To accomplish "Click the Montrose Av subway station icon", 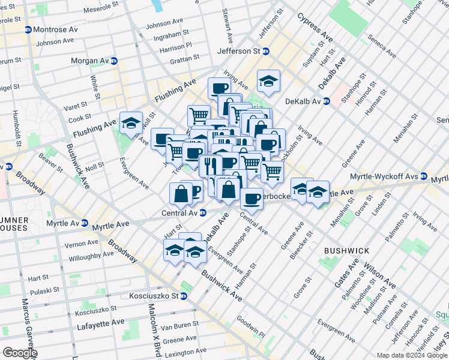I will point(28,30).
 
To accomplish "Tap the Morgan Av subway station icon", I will point(113,61).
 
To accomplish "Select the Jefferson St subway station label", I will point(238,52).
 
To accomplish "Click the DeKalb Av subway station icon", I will point(326,101).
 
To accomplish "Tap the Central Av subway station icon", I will point(203,212).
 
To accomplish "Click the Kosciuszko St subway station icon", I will point(184,296).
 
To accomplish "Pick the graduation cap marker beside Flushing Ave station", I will point(131,123).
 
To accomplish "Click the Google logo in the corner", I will point(19,353).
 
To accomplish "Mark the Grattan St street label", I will point(184,59).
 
